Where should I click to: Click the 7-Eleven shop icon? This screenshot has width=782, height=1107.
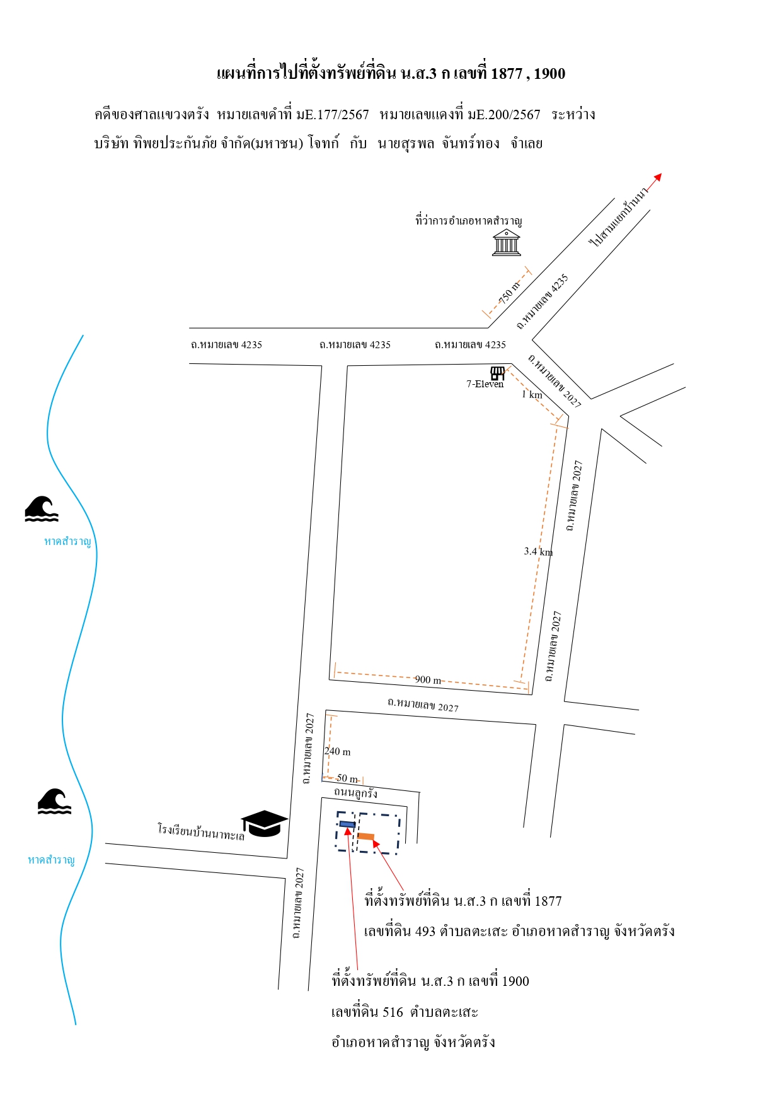click(x=498, y=373)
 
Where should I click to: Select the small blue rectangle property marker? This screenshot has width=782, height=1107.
click(x=347, y=824)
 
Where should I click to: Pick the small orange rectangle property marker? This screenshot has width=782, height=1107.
click(x=366, y=836)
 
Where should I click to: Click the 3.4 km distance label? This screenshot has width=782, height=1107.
click(x=538, y=551)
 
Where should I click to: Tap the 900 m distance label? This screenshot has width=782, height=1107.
click(x=428, y=679)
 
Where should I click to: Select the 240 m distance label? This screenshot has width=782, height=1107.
click(x=338, y=751)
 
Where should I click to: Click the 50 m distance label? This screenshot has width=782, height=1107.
click(x=347, y=778)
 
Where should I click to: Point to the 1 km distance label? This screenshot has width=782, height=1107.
click(x=532, y=394)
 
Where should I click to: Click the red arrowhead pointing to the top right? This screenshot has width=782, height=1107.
click(x=658, y=177)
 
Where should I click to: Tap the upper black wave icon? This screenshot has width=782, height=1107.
click(x=42, y=509)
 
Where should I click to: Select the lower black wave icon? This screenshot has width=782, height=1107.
click(x=54, y=801)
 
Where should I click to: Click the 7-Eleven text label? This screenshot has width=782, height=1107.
click(x=485, y=384)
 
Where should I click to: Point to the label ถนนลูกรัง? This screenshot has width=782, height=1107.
click(x=356, y=792)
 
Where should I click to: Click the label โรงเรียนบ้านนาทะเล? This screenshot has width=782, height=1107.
click(x=200, y=832)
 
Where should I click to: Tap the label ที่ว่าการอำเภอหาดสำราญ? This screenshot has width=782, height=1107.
click(x=469, y=221)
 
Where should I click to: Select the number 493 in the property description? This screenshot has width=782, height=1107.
click(x=425, y=931)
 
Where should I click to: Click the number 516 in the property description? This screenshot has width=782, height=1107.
click(x=393, y=1012)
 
